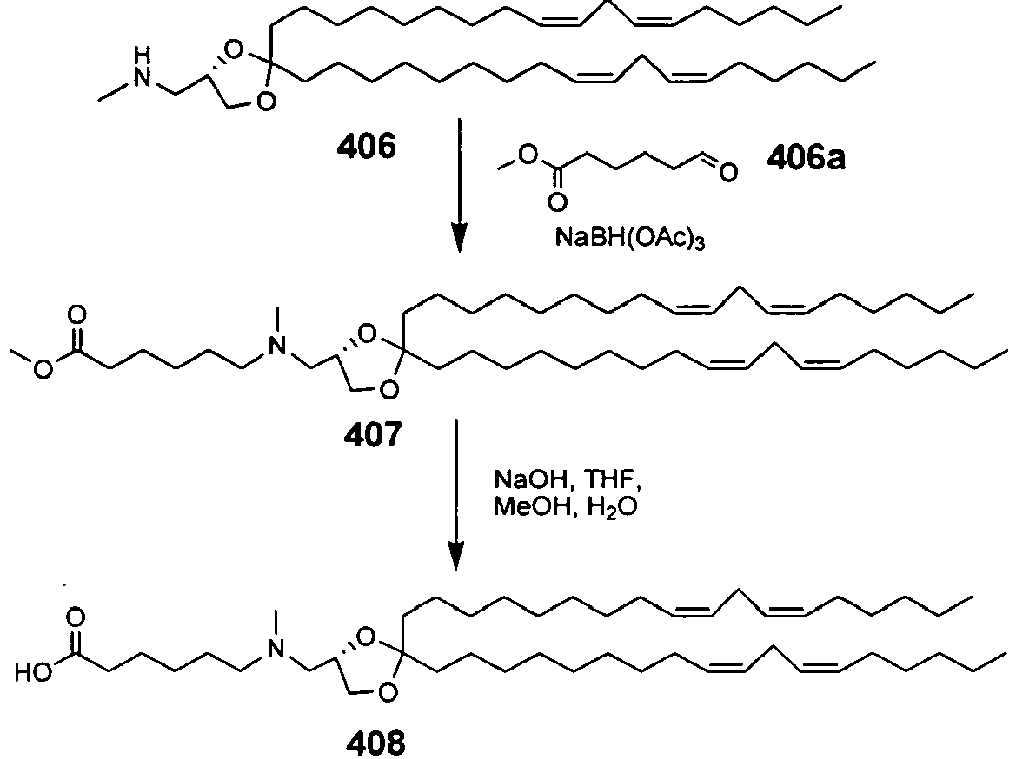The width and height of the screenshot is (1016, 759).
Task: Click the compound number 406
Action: tap(366, 147)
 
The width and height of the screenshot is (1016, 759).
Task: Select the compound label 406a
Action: tap(806, 157)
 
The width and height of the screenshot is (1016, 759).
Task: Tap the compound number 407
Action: tap(373, 434)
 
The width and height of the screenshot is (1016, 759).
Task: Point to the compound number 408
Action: tap(375, 742)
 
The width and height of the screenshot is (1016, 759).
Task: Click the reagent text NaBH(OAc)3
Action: tap(630, 238)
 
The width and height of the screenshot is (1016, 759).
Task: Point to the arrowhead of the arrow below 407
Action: tap(456, 557)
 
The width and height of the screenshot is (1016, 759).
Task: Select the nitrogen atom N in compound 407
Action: tap(277, 347)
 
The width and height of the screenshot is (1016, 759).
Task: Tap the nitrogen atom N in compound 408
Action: tap(275, 649)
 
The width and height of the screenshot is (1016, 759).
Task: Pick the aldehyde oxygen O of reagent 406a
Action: tap(728, 173)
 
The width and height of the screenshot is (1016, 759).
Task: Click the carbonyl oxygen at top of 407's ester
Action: tap(77, 315)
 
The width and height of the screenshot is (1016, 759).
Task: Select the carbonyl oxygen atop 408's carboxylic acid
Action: tap(76, 617)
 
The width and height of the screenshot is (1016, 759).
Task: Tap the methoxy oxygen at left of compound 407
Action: tap(43, 371)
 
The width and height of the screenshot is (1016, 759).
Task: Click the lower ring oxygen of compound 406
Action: tap(266, 102)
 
